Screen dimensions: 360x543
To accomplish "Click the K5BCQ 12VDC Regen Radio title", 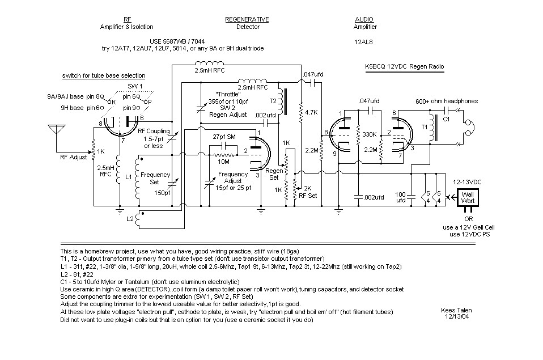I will [405, 67].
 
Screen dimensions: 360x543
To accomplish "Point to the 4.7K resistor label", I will [311, 112].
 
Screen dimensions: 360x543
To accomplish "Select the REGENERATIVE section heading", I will [247, 19].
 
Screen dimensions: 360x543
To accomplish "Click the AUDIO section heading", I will [364, 19].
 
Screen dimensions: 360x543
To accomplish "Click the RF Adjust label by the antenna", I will [73, 158].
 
